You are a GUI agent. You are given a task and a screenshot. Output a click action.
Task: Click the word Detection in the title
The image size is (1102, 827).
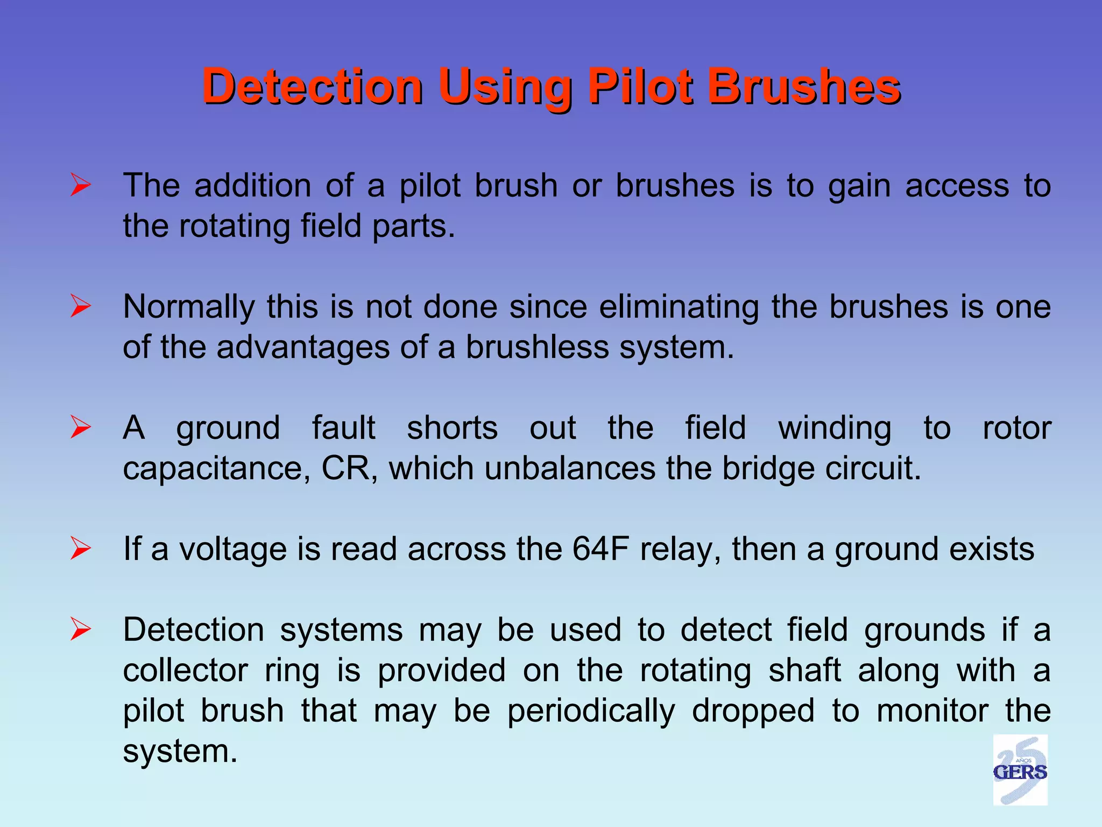[x=313, y=86]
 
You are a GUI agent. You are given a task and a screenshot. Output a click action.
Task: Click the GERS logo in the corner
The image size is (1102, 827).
[x=1020, y=769]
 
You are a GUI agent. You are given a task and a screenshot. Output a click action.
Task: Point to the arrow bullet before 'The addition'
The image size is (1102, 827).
[x=81, y=186]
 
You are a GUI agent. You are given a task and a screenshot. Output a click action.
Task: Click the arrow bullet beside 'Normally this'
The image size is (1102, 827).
[x=81, y=307]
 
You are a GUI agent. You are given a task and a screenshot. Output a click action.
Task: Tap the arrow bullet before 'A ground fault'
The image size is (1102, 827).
[x=81, y=428]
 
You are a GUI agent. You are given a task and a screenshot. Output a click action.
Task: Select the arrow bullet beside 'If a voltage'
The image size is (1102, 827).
[x=81, y=549]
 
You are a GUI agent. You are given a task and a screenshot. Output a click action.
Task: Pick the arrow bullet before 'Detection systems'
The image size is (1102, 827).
[x=81, y=629]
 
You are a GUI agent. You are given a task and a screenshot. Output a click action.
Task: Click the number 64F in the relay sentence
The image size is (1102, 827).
[x=601, y=549]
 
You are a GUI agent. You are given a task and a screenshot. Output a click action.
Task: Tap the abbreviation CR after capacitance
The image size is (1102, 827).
[x=347, y=468]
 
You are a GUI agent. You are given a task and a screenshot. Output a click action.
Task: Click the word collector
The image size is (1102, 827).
[x=186, y=671]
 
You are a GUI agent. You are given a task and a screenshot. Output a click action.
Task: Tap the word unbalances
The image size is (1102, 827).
[x=570, y=468]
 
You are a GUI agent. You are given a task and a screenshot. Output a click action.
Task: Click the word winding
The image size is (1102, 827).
[x=835, y=429]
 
